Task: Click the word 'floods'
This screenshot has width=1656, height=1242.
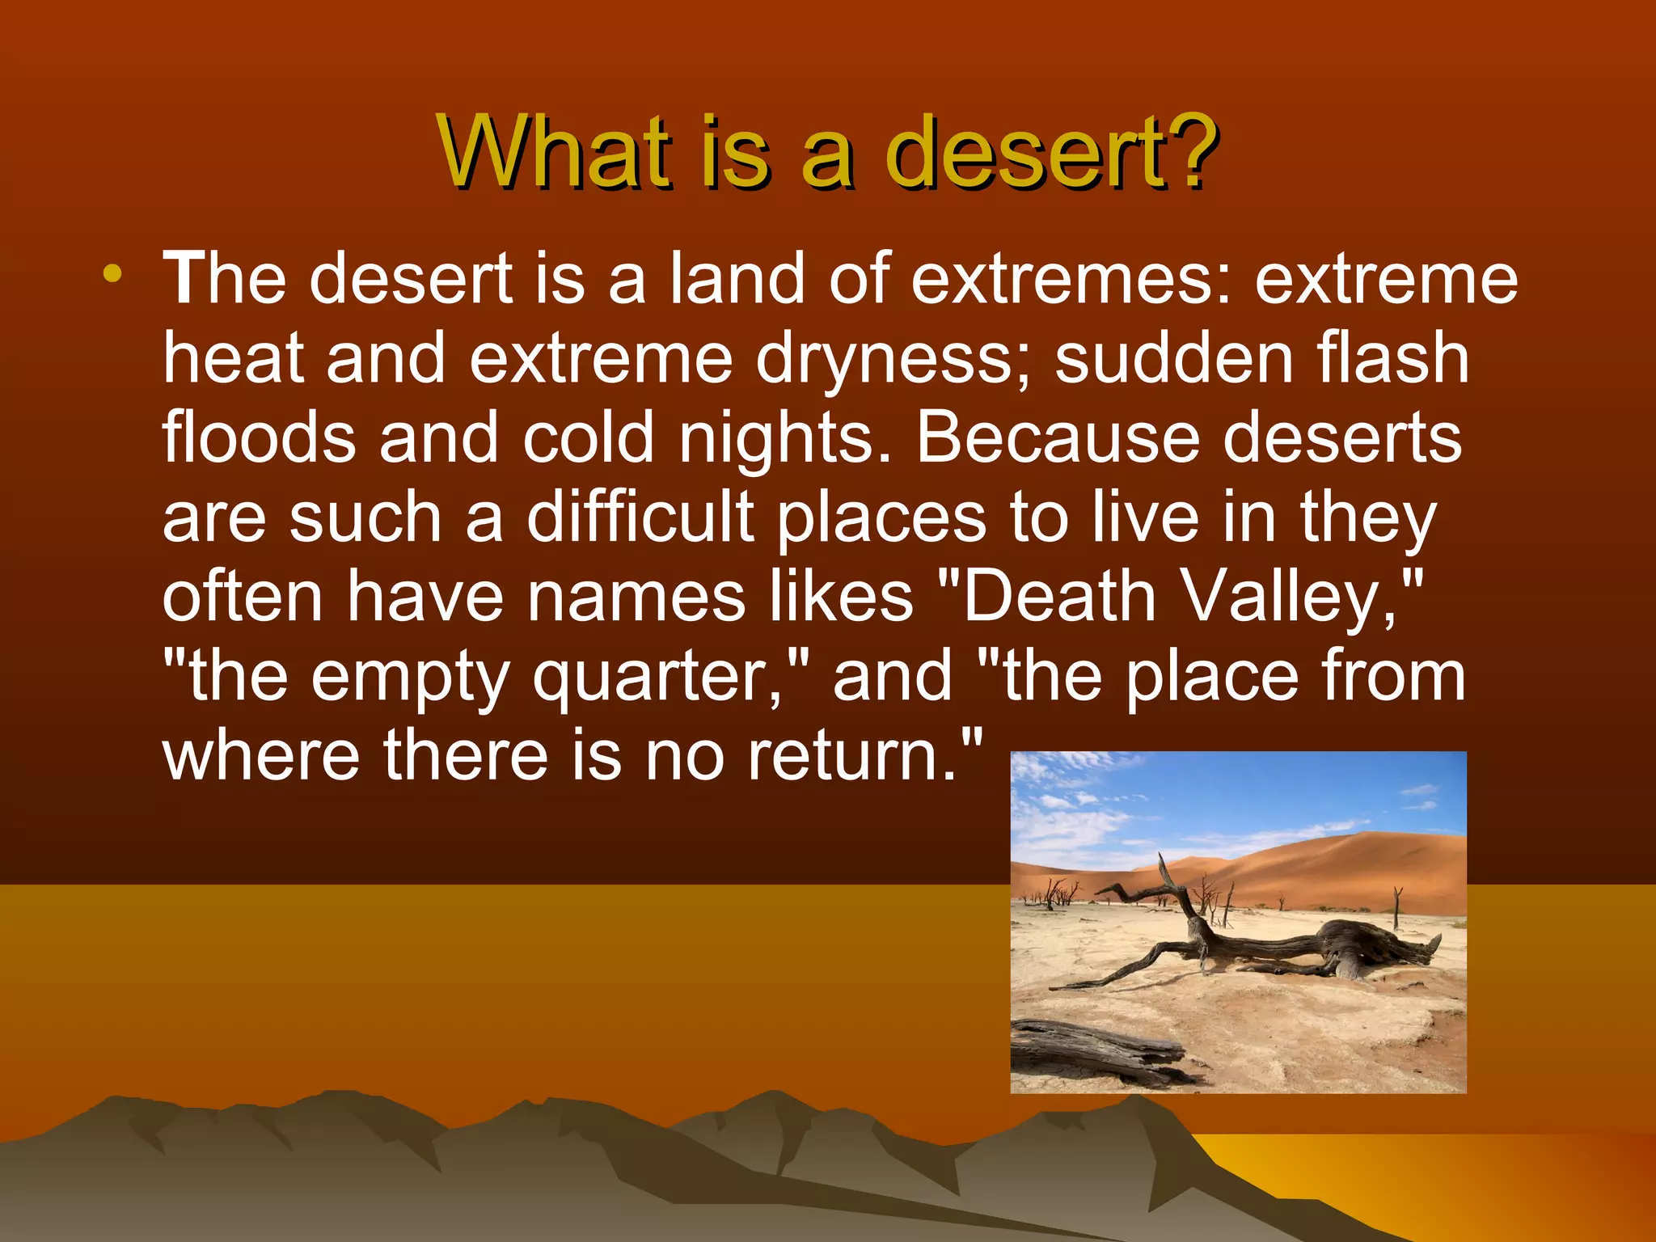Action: tap(259, 437)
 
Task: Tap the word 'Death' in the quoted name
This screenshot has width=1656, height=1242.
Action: tap(1060, 597)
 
